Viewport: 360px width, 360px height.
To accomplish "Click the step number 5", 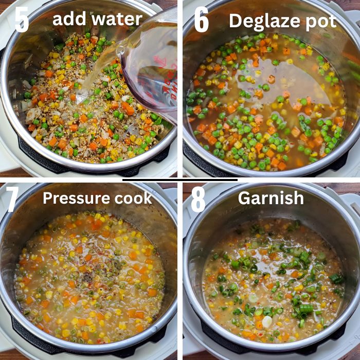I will [x=21, y=20].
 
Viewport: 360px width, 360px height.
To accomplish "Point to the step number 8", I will [x=198, y=200].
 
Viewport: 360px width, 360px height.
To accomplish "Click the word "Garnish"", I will [x=271, y=199].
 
